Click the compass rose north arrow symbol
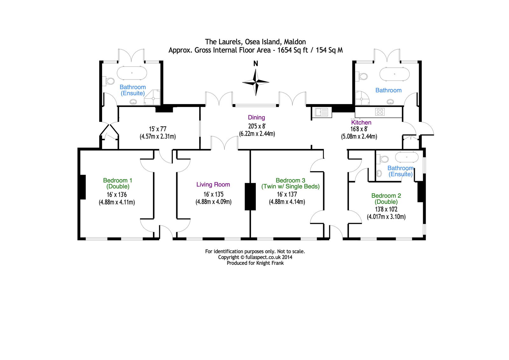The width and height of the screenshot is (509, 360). pos(256,82)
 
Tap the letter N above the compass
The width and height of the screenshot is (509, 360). pos(256,64)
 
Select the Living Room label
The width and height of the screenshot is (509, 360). pos(213,184)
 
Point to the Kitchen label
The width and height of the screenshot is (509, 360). pos(361,122)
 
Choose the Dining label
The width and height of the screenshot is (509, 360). pos(256,117)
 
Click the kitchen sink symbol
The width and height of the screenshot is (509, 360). pos(322,112)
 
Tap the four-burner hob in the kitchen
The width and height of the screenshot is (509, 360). pos(380,112)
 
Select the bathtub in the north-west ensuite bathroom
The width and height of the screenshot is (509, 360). pos(132,73)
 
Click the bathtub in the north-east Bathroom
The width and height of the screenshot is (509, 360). pos(394,74)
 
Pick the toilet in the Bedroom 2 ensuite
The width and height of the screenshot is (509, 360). pos(382,159)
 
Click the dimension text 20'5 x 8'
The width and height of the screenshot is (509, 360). pos(257,126)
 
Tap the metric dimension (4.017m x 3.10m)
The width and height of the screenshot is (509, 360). pos(386,217)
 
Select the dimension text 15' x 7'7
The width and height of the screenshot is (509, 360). pos(158,129)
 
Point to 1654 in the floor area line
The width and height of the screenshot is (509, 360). pos(284,50)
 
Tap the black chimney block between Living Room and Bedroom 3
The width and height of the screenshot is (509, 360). pos(250,196)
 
